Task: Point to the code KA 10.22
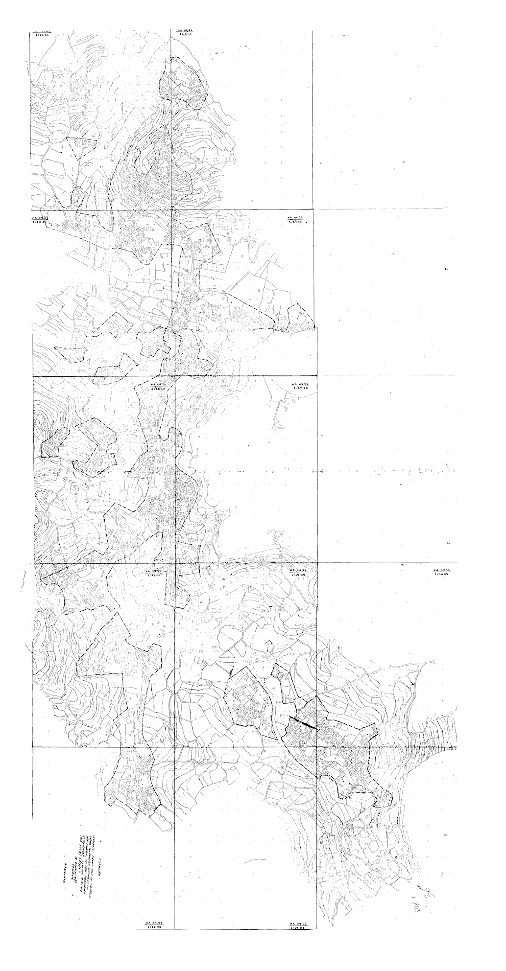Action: [x=441, y=571]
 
